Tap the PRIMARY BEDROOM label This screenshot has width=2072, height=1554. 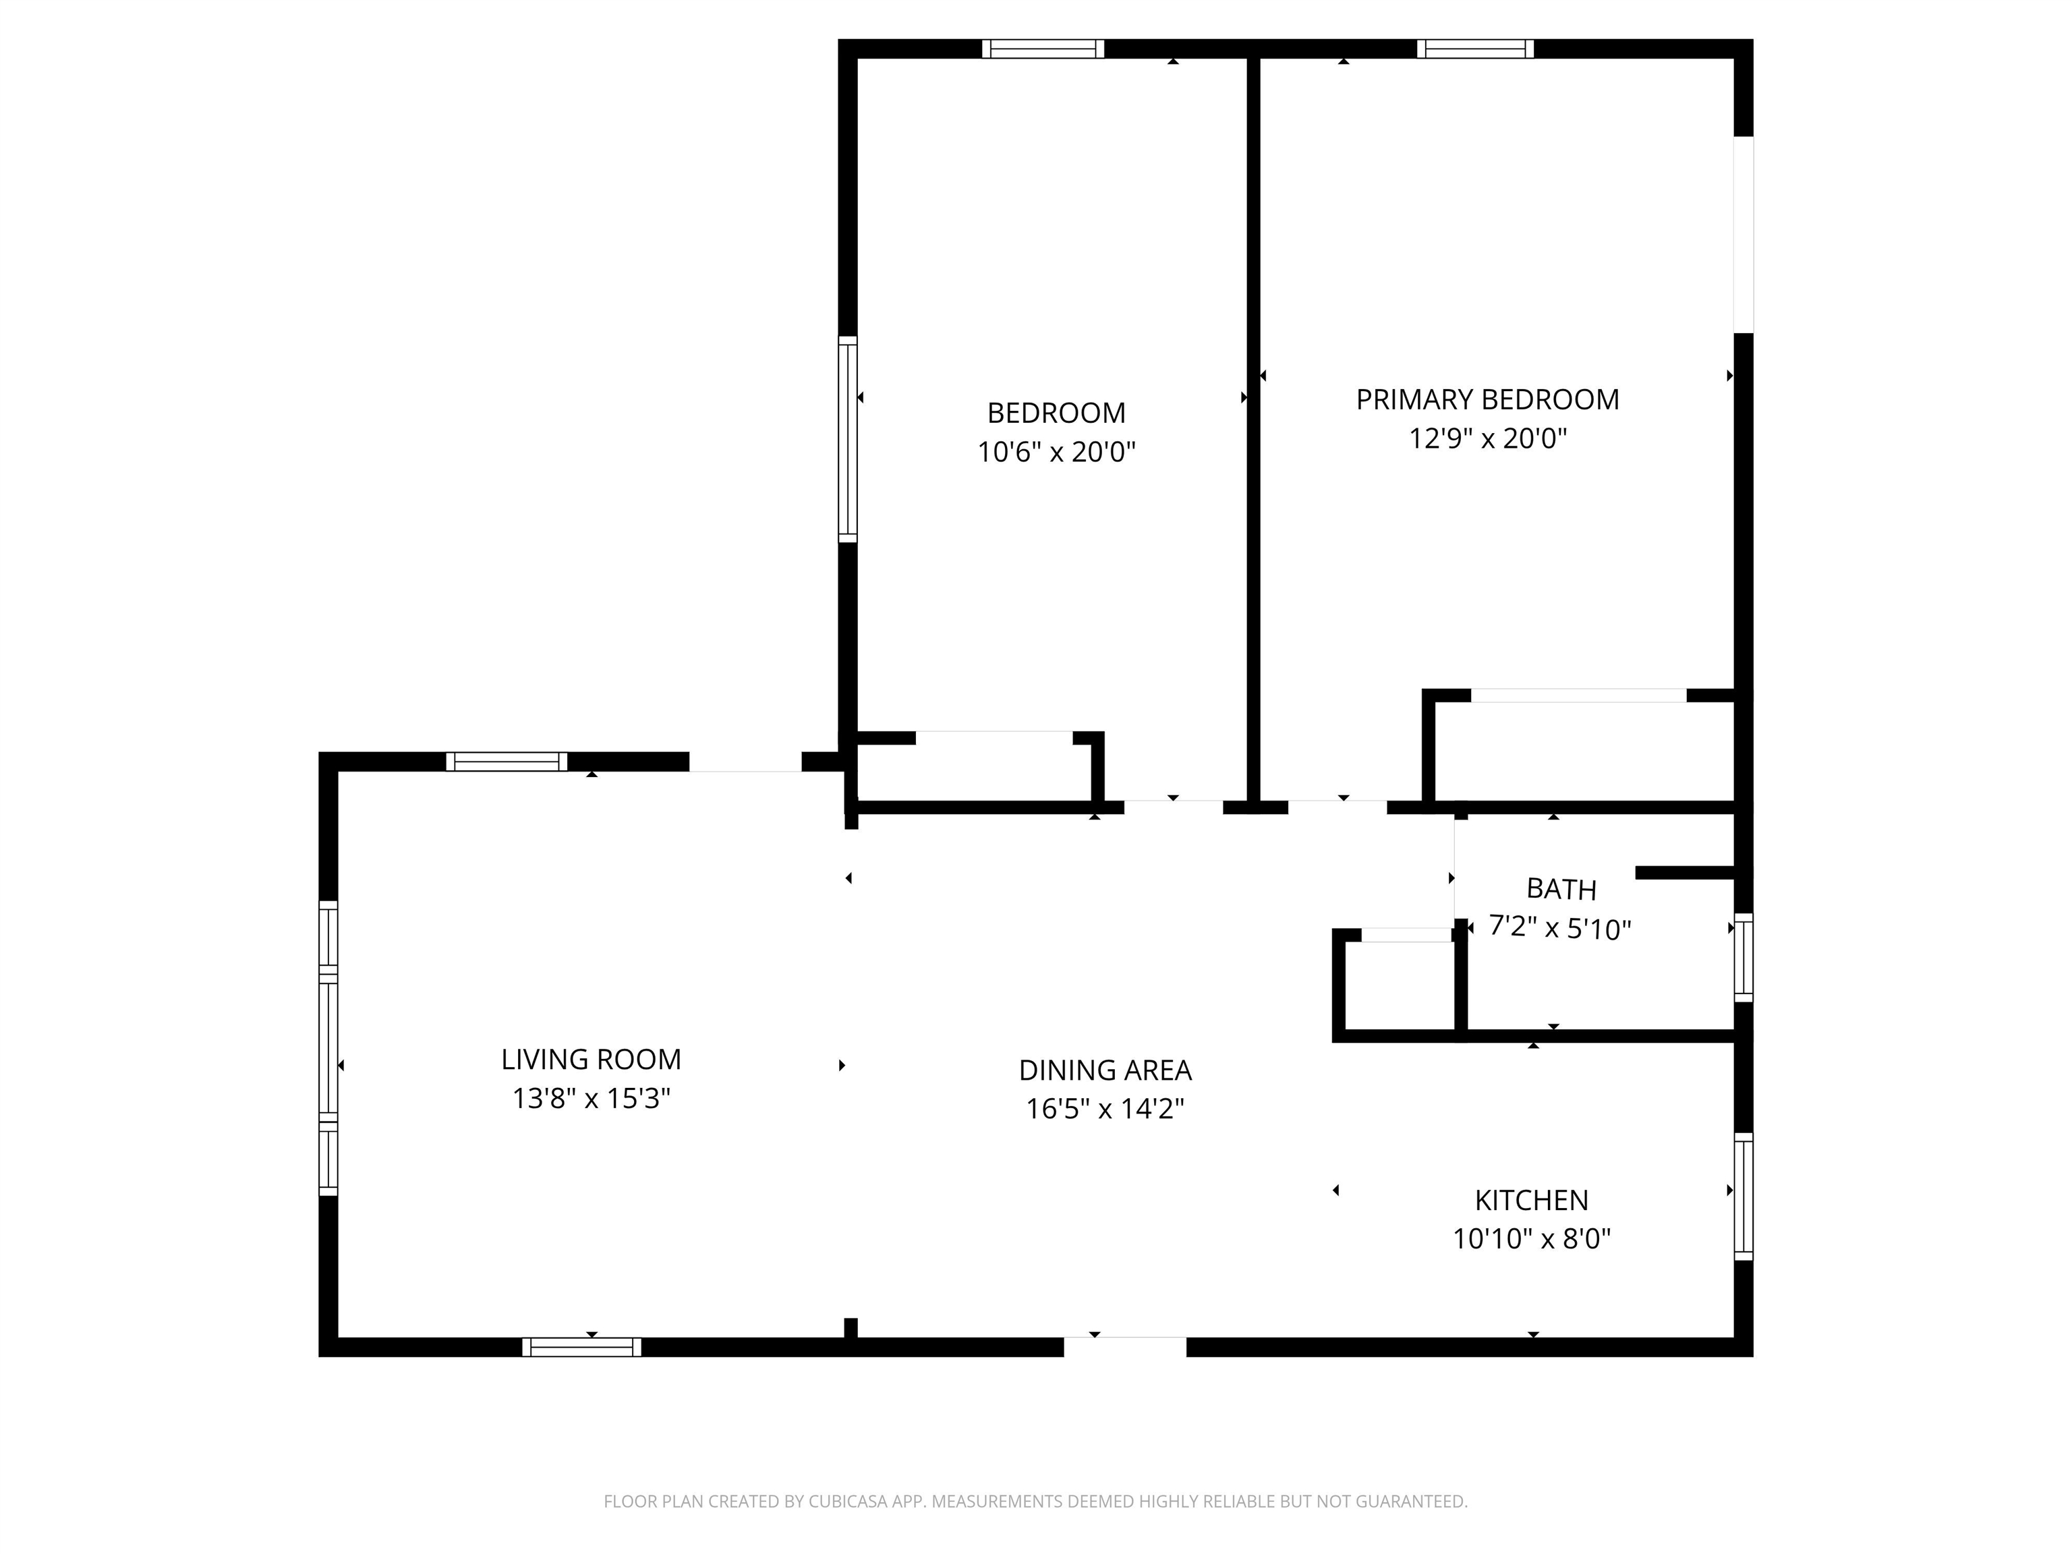point(1487,400)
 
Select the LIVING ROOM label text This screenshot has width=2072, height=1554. point(591,1060)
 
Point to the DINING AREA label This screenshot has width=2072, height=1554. point(1105,1070)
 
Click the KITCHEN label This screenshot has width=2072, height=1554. point(1532,1200)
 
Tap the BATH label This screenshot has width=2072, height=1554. point(1561,889)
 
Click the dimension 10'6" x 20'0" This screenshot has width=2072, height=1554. point(1057,453)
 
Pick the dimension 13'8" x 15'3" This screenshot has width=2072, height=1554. point(591,1098)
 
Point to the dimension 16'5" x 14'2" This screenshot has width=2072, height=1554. point(1105,1109)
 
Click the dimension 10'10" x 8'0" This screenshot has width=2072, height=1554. point(1532,1239)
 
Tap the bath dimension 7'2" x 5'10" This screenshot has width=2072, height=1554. point(1561,928)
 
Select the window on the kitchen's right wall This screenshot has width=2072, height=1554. point(1744,1196)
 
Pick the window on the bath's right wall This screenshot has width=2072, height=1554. point(1744,957)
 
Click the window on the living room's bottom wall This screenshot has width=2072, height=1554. point(581,1347)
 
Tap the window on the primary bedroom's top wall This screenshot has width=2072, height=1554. point(1475,49)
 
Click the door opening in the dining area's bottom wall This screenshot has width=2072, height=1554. point(1125,1346)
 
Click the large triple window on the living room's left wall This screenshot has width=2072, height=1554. point(328,1048)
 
